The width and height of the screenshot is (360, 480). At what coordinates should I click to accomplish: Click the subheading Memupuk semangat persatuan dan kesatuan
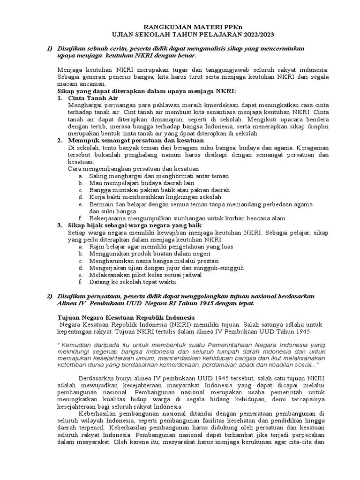(135, 140)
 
